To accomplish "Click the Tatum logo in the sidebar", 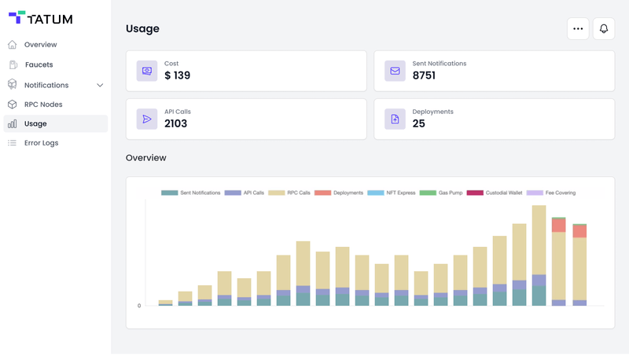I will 40,18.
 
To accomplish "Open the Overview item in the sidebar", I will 40,45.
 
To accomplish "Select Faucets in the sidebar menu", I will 39,64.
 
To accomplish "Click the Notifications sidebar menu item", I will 46,85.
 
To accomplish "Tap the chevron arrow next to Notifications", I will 100,85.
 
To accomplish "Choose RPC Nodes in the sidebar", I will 43,105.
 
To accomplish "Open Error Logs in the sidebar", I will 41,143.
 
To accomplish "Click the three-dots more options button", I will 578,28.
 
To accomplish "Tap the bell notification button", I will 604,28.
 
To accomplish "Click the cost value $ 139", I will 177,76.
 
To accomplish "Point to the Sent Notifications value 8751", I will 424,76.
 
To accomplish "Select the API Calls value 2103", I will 175,123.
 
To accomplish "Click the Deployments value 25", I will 418,123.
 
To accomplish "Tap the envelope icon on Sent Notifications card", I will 395,71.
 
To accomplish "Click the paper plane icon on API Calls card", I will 147,119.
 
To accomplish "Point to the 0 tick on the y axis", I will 139,306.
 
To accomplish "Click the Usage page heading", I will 142,28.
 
